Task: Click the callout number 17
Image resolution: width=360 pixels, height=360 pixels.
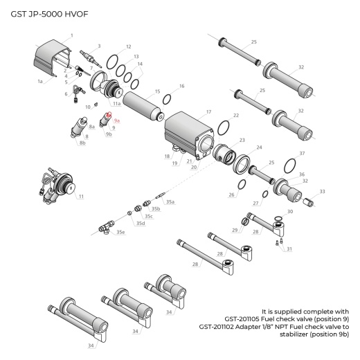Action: [x=208, y=111]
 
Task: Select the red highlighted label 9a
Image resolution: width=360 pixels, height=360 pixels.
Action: [x=117, y=120]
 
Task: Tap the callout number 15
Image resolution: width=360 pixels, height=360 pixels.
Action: [x=158, y=91]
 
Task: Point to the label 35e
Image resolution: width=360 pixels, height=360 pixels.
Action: [x=121, y=232]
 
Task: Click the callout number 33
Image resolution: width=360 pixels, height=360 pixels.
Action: [x=322, y=191]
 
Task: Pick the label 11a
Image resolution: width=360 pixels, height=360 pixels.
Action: [x=117, y=103]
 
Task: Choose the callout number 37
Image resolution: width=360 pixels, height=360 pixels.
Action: [x=301, y=153]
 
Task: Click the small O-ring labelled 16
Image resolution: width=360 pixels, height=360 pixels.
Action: [x=167, y=99]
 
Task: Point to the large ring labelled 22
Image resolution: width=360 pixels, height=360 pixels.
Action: [x=224, y=127]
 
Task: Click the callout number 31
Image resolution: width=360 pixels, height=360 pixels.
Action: [x=289, y=249]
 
